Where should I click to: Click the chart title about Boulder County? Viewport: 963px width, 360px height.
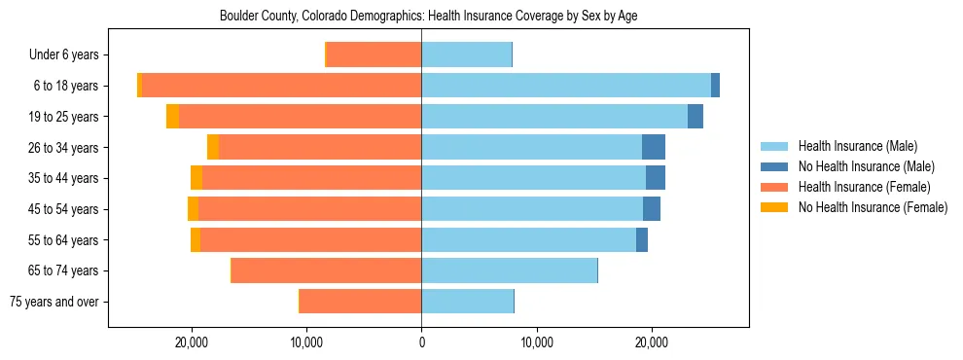[428, 17]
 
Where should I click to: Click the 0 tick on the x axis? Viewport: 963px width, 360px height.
[421, 342]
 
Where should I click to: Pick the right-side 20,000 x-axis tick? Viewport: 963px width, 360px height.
[651, 342]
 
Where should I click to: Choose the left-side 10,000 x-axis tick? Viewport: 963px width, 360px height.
[306, 342]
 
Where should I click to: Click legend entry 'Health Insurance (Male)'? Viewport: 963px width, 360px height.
[857, 146]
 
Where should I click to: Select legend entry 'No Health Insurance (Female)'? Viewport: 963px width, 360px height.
[873, 207]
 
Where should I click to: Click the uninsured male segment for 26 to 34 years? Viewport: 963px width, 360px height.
[654, 147]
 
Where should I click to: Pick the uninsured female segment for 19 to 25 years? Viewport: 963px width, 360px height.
[172, 117]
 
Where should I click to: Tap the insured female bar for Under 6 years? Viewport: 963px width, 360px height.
[374, 55]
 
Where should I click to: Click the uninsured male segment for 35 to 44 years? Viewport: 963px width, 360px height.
[656, 178]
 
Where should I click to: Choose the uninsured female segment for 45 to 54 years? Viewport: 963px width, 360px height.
[193, 208]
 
